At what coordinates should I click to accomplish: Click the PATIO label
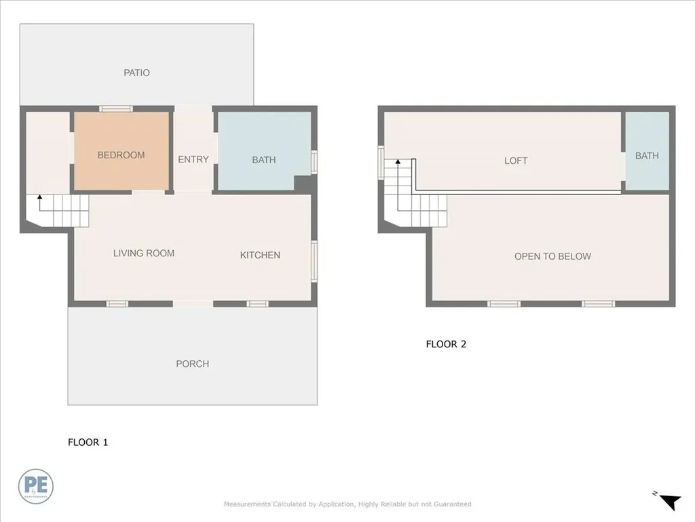[136, 73]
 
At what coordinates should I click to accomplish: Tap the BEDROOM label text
[121, 155]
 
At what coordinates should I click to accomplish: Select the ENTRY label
[193, 160]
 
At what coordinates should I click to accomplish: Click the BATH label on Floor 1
[264, 160]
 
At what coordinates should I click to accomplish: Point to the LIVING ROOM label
[144, 254]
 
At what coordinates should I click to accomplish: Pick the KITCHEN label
[260, 255]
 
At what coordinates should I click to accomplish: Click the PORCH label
[193, 364]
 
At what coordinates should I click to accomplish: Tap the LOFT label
[516, 161]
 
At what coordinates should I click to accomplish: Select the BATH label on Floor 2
[647, 156]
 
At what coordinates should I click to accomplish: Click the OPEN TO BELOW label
[552, 256]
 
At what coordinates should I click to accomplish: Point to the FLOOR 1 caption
[88, 442]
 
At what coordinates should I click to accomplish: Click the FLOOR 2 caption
[446, 344]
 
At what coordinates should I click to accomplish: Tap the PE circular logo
[36, 486]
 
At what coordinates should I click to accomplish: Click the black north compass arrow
[671, 502]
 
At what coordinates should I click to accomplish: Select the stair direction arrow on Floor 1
[39, 199]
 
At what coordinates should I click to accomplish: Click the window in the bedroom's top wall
[116, 109]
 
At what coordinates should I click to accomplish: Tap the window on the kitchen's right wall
[314, 261]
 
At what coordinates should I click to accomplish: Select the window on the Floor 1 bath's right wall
[314, 162]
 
